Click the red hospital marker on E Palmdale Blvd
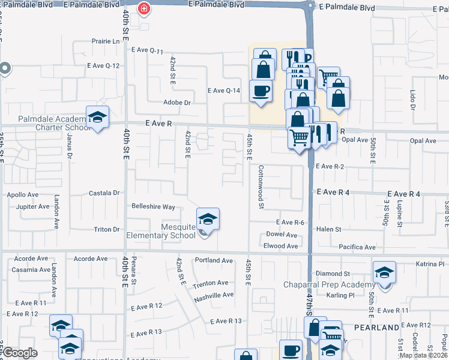pyautogui.click(x=143, y=8)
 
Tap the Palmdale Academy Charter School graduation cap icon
pyautogui.click(x=97, y=117)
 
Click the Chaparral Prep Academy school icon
pyautogui.click(x=384, y=272)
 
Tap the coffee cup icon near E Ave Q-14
pyautogui.click(x=261, y=91)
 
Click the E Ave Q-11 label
pyautogui.click(x=146, y=51)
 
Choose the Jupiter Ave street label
pyautogui.click(x=32, y=207)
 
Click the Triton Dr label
pyautogui.click(x=107, y=230)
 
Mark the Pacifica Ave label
pyautogui.click(x=357, y=247)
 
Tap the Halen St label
pyautogui.click(x=329, y=229)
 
